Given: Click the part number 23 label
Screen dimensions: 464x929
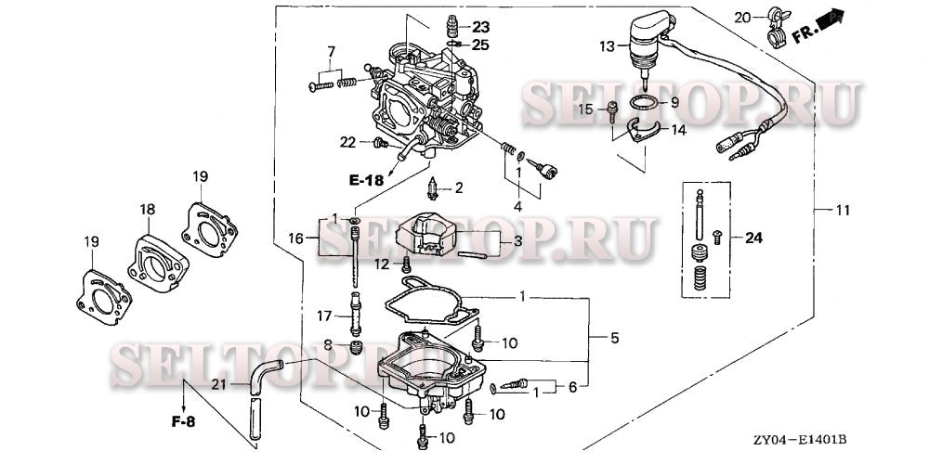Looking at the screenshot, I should tap(479, 26).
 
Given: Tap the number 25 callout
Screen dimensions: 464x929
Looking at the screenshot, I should tap(479, 44).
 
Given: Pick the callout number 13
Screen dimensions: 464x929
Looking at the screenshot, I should tap(607, 45).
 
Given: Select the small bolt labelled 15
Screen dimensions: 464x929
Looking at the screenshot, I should tap(614, 112).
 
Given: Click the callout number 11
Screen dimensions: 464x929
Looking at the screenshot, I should tap(842, 211).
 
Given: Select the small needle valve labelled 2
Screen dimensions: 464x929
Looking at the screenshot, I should tap(432, 190).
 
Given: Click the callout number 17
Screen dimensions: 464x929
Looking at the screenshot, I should tap(324, 316).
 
